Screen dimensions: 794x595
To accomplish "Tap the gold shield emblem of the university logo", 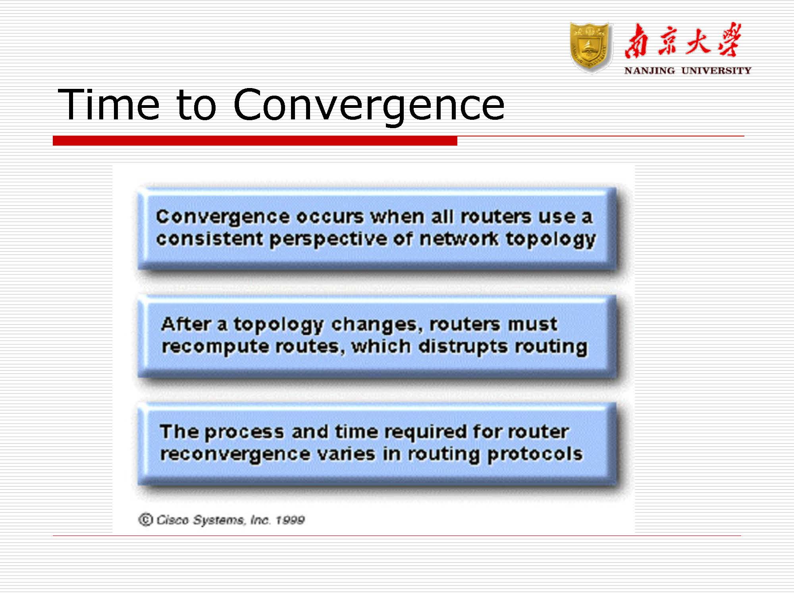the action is tap(590, 47).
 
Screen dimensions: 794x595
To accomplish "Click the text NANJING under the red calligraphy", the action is tap(649, 71).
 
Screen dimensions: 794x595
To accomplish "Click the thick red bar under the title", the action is tap(255, 140).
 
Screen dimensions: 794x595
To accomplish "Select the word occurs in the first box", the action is tap(330, 217).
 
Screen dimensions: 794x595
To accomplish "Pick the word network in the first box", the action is tap(459, 238).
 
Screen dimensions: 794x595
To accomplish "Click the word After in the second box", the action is tap(186, 324).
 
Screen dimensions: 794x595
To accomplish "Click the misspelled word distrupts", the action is tap(463, 347).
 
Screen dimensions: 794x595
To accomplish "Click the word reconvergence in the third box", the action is tap(235, 454).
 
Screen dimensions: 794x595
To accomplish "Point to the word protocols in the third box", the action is tap(535, 455).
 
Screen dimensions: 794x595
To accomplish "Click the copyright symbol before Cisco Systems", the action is tap(146, 519).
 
